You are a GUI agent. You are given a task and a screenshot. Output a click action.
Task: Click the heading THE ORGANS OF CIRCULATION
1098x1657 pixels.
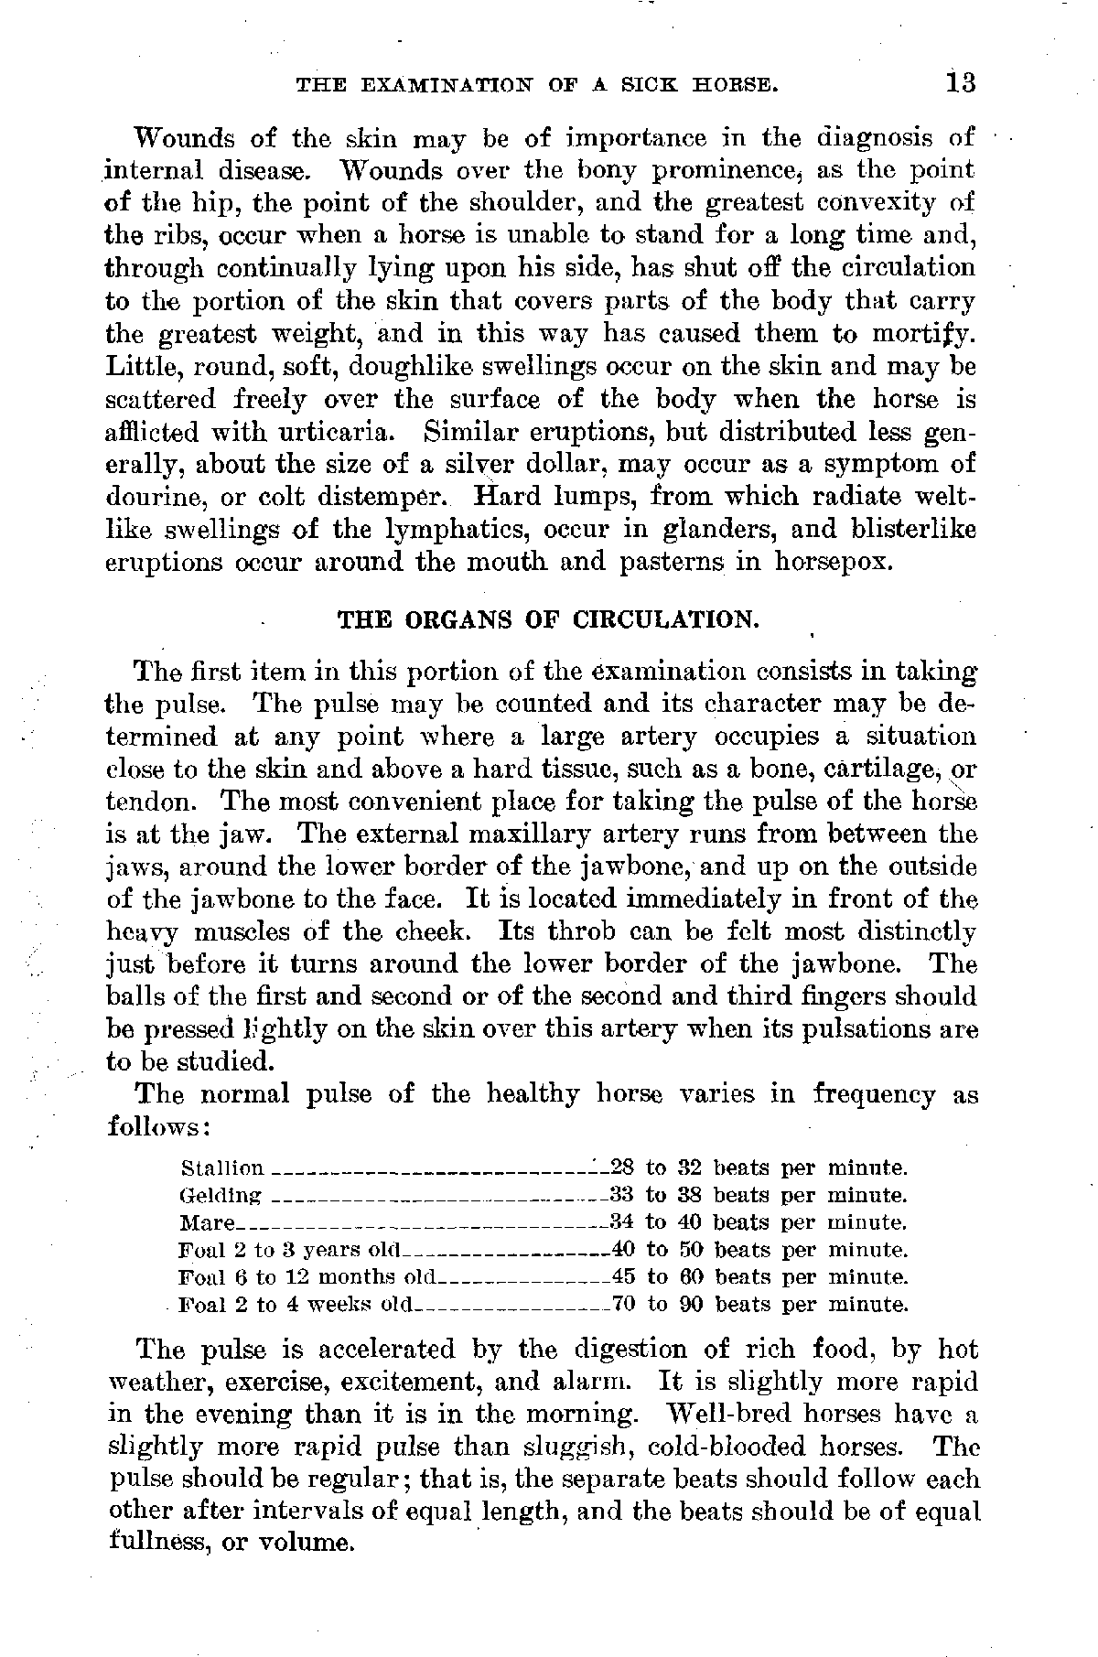click(549, 619)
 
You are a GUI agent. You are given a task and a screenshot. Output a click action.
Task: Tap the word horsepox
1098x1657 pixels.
click(831, 561)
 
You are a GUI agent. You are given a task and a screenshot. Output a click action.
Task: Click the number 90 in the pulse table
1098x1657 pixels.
click(691, 1304)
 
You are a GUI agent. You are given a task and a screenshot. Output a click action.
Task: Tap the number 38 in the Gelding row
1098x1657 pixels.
click(691, 1195)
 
